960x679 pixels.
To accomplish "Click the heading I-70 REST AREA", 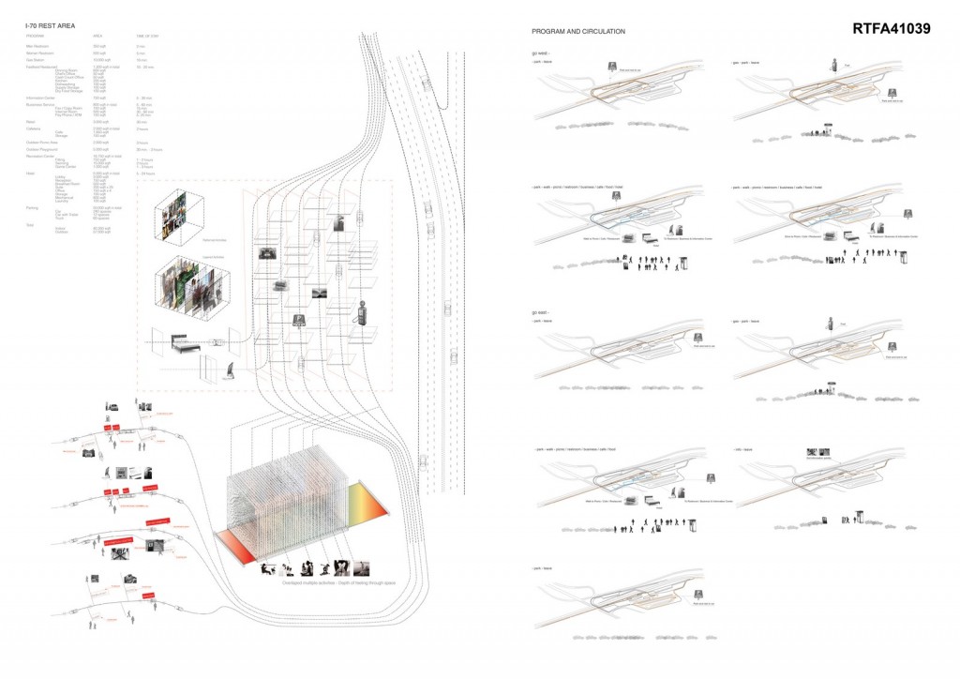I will [x=51, y=26].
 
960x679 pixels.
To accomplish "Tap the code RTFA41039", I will [x=891, y=29].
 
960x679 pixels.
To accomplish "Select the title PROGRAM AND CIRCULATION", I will [x=578, y=32].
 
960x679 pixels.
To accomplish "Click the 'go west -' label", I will [x=541, y=53].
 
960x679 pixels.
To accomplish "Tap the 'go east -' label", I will [x=541, y=311].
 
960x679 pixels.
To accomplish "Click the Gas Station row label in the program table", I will [x=37, y=58].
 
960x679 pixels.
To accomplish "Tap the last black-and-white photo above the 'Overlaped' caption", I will [x=361, y=568].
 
